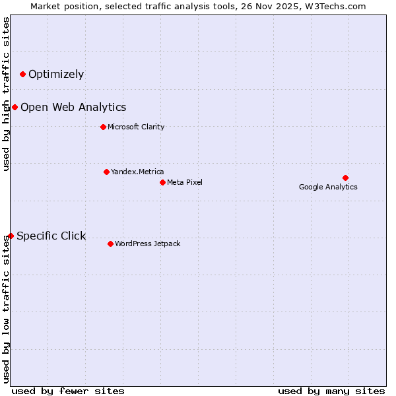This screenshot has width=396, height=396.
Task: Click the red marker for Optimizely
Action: point(22,74)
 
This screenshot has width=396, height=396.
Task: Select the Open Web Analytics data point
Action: point(15,107)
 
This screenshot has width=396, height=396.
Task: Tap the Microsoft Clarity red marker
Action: point(103,127)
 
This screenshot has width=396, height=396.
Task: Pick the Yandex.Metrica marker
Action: point(106,172)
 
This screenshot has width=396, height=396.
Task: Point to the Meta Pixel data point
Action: point(162,182)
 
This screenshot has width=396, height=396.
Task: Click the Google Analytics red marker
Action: point(345,178)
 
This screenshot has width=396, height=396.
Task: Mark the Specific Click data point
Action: point(11,236)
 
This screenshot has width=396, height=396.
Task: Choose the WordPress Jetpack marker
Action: point(110,244)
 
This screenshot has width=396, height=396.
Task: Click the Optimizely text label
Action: point(56,74)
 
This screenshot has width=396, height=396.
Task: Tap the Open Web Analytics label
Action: point(73,107)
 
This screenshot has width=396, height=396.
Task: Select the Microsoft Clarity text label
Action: point(136,127)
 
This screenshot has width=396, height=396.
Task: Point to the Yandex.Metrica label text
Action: point(137,172)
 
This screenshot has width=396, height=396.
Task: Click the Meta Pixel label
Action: point(185,182)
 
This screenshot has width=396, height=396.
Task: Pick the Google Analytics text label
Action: point(328,187)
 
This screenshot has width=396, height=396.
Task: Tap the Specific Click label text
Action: point(51,236)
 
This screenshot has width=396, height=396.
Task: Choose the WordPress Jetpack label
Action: point(147,244)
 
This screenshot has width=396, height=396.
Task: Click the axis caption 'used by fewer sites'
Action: point(68,391)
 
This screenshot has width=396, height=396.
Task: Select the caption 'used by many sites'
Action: point(331,391)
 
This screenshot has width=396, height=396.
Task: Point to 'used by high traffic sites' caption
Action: point(6,94)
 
